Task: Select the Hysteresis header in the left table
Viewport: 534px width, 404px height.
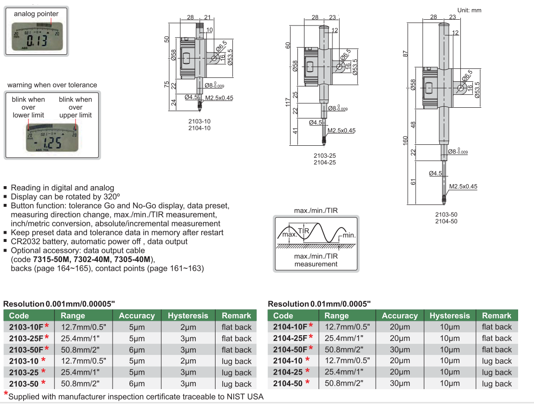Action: tap(188, 316)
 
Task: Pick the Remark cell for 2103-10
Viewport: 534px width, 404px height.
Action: tap(236, 361)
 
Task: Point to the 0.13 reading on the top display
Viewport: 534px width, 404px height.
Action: tap(37, 40)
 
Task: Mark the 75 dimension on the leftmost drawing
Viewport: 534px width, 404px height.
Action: tap(166, 85)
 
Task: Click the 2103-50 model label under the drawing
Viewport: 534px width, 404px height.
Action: tap(445, 214)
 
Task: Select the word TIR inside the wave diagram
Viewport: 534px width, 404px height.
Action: tap(303, 231)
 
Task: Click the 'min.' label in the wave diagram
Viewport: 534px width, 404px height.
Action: tap(349, 235)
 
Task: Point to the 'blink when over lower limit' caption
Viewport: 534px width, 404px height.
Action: tap(28, 107)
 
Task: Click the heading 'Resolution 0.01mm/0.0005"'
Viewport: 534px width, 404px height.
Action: tap(319, 304)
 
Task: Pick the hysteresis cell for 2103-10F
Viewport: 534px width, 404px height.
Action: tap(188, 327)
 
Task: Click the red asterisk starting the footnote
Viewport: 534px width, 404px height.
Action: tap(6, 395)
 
